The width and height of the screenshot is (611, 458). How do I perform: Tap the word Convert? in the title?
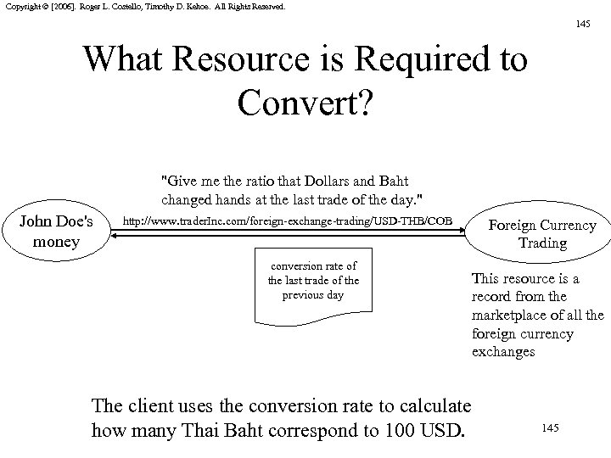click(x=305, y=101)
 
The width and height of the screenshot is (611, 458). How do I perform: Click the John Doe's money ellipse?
click(x=60, y=231)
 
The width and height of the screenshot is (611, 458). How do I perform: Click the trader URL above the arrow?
click(x=288, y=221)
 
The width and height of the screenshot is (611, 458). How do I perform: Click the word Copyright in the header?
click(x=19, y=6)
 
